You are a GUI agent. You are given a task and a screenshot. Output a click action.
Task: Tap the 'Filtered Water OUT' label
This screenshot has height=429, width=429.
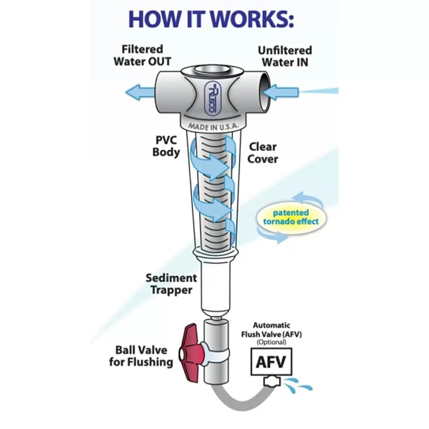point(143,55)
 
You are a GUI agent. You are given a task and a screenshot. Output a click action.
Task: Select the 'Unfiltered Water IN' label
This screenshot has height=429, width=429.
point(285,56)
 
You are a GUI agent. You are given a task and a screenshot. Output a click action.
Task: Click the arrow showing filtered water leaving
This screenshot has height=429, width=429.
point(140,92)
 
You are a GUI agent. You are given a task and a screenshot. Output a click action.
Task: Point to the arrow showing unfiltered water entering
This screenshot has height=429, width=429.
point(281,92)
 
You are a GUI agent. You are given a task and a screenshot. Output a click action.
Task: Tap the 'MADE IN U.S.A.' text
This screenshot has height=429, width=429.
point(213,127)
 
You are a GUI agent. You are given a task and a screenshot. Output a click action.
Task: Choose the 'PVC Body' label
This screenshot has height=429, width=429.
point(166,147)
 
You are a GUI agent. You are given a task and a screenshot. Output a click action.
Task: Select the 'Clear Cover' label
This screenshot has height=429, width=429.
point(263,153)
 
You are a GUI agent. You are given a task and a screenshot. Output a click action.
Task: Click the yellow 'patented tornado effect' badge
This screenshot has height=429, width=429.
point(291,217)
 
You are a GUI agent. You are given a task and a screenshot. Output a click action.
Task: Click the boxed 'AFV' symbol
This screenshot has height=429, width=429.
point(271,361)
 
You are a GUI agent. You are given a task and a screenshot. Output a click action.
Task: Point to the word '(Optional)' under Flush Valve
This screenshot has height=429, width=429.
point(271,342)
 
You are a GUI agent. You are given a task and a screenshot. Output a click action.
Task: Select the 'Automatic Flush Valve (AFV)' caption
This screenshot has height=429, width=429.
point(271,330)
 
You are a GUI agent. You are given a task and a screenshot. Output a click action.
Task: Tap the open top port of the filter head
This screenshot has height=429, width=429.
point(211,72)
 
